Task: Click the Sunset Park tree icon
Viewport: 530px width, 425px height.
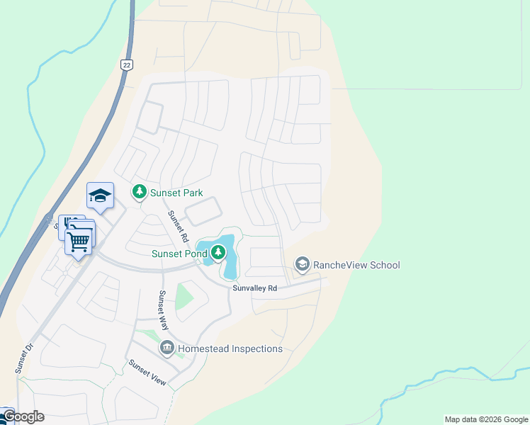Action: point(140,191)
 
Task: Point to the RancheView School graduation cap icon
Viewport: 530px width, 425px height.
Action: point(302,265)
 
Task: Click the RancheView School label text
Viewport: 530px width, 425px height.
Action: point(356,266)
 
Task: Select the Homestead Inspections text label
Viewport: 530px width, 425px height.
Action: point(230,348)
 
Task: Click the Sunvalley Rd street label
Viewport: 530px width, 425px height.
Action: point(254,288)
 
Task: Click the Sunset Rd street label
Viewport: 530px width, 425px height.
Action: point(178,225)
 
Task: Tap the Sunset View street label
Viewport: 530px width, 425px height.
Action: point(147,373)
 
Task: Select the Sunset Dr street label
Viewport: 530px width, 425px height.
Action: point(23,359)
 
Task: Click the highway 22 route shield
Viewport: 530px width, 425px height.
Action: point(126,64)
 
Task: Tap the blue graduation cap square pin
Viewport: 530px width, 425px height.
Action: point(100,195)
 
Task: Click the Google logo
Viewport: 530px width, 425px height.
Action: point(23,416)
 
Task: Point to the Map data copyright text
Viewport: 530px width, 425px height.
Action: point(486,419)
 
